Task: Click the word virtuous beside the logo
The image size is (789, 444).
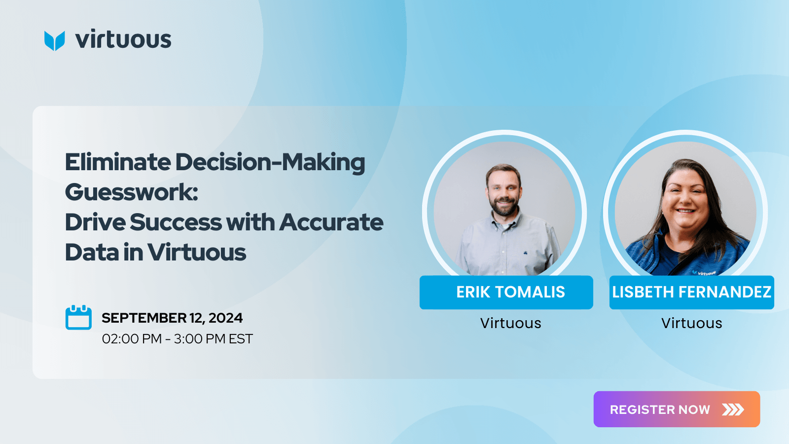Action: (x=123, y=39)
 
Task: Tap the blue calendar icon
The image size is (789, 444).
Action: (x=78, y=318)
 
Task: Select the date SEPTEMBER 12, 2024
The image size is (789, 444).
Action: (x=172, y=318)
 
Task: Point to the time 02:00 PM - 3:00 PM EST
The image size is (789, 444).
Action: (x=177, y=338)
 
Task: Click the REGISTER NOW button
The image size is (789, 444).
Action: (x=677, y=409)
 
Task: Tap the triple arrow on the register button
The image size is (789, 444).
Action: (x=733, y=409)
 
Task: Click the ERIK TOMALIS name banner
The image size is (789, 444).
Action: (x=506, y=293)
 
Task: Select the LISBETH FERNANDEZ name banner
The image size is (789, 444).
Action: (x=692, y=293)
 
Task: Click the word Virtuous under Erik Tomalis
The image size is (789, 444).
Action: (x=510, y=323)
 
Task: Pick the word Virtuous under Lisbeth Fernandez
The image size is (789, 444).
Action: (x=692, y=323)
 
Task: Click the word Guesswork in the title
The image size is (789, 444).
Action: (x=131, y=192)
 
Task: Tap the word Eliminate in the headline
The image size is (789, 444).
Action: (x=118, y=162)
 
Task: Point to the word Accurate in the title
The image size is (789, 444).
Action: (x=331, y=222)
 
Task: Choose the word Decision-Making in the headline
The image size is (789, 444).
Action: (x=270, y=163)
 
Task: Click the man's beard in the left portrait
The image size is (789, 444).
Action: (x=504, y=206)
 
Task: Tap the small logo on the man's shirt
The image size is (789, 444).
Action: (x=525, y=252)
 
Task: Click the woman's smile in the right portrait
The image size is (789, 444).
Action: (x=685, y=211)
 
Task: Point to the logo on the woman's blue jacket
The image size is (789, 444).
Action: (x=703, y=272)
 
